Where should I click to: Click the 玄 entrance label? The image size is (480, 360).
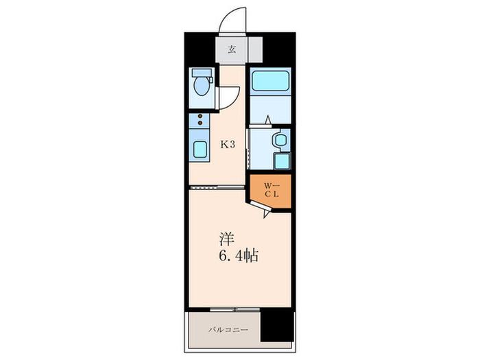click(x=232, y=49)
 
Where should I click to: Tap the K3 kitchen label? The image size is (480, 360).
click(x=228, y=145)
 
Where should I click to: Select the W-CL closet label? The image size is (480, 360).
click(x=272, y=190)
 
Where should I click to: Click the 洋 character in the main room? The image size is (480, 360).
click(x=227, y=239)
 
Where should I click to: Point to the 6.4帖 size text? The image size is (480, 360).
click(x=239, y=256)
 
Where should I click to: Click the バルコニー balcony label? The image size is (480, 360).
click(x=228, y=330)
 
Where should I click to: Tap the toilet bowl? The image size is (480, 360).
click(x=202, y=86)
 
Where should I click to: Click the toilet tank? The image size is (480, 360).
click(x=202, y=73)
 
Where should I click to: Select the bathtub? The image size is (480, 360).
click(x=270, y=80)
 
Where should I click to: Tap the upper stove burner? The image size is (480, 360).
click(x=200, y=116)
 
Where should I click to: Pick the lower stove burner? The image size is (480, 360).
click(x=200, y=123)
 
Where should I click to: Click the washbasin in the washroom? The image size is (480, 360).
click(x=280, y=140)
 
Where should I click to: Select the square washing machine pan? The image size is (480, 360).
click(x=282, y=161)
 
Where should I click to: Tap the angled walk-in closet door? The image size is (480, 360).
click(x=260, y=208)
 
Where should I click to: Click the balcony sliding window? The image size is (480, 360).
click(x=235, y=309)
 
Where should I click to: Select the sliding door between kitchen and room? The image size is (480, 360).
click(x=217, y=187)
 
